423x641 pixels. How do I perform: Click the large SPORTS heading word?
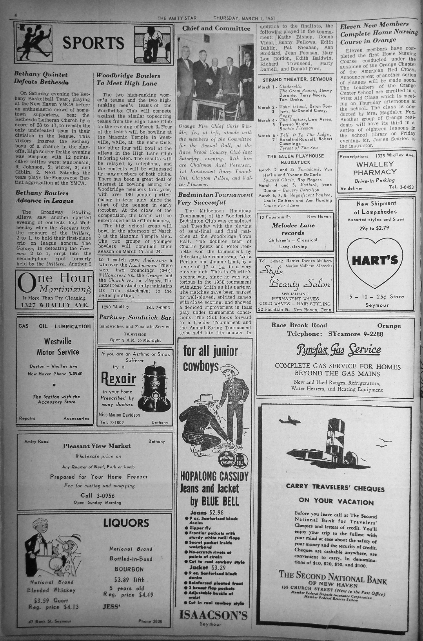(x=93, y=43)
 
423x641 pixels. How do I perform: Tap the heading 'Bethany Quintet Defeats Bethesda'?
(x=41, y=78)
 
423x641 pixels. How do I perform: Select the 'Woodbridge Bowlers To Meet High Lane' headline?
(x=128, y=79)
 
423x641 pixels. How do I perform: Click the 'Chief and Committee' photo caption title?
(x=216, y=28)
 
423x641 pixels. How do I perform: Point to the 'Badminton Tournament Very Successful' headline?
(x=215, y=198)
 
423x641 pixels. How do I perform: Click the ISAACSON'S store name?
(x=213, y=615)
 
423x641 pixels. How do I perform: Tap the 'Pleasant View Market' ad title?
(x=97, y=446)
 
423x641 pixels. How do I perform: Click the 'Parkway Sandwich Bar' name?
(x=135, y=317)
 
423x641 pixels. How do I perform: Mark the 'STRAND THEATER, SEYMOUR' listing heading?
(x=298, y=79)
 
